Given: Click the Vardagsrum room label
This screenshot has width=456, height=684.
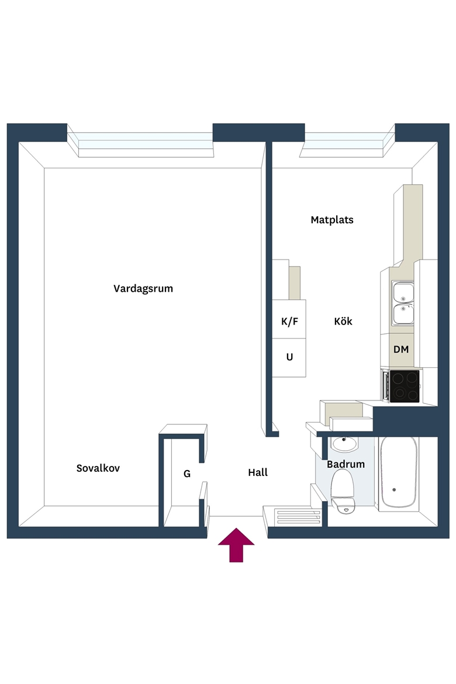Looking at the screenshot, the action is (143, 289).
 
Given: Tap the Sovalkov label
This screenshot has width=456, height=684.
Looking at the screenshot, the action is (98, 468).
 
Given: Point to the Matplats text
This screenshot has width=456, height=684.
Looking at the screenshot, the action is (332, 220).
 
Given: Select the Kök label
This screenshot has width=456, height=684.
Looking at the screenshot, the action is (343, 322).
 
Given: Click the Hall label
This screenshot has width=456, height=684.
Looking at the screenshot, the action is (258, 472).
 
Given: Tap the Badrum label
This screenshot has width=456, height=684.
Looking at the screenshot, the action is (346, 464).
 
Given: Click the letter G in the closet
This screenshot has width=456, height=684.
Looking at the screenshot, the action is (186, 474).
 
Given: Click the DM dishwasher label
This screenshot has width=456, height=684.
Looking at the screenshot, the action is (401, 350).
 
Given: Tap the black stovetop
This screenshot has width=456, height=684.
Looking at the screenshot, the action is (405, 386).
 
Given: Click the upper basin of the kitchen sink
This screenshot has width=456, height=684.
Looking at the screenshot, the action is (403, 292).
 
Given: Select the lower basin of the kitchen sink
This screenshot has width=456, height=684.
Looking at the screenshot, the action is (403, 314).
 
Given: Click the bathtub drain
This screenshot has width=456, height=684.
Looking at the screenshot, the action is (394, 490).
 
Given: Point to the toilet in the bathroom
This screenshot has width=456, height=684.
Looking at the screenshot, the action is (343, 489).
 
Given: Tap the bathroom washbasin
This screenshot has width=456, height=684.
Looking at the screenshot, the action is (344, 444).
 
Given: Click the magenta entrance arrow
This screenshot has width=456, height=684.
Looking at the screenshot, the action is (236, 545).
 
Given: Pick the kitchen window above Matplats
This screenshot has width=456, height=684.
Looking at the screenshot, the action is (347, 143).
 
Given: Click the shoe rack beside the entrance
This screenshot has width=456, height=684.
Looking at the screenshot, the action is (299, 516).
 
